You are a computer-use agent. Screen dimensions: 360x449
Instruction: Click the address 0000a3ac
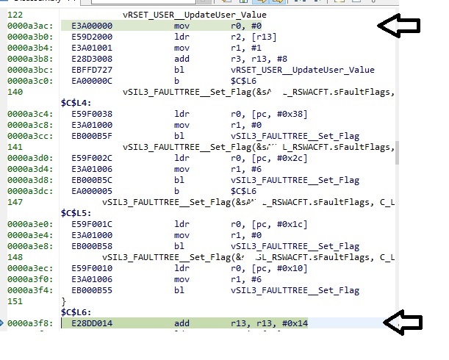pyautogui.click(x=26, y=25)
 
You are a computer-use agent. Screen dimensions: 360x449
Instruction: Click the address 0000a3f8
pyautogui.click(x=26, y=323)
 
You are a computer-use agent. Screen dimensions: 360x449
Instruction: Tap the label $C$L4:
pyautogui.click(x=76, y=103)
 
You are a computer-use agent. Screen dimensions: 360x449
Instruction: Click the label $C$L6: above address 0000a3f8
pyautogui.click(x=76, y=312)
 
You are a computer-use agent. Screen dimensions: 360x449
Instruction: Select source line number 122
pyautogui.click(x=14, y=14)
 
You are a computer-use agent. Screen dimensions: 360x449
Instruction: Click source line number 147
pyautogui.click(x=14, y=201)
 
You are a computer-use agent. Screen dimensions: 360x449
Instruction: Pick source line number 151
pyautogui.click(x=14, y=301)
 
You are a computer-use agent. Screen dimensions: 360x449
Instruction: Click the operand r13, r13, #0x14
pyautogui.click(x=259, y=323)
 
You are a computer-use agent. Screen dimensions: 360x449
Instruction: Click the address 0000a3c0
pyautogui.click(x=26, y=80)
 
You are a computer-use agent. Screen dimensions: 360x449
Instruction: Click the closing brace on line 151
pyautogui.click(x=63, y=301)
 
